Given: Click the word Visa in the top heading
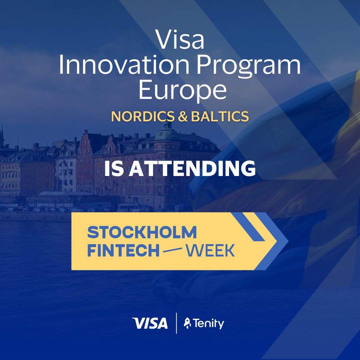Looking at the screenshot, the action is click(180, 39).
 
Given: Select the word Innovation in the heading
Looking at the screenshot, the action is click(124, 65).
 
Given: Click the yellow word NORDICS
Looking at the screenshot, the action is click(143, 116).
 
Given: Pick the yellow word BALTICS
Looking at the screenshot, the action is click(220, 116).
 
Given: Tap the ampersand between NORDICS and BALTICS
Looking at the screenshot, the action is click(183, 116).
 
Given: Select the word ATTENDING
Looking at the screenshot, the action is click(192, 169).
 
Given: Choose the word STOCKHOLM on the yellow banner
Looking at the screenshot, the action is click(142, 232).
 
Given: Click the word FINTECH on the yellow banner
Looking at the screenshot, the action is click(123, 250).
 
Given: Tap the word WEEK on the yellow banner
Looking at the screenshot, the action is click(210, 250).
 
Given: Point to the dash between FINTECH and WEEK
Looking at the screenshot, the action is click(172, 250).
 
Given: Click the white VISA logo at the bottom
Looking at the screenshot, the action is click(150, 323).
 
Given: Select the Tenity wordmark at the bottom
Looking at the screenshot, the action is click(208, 324).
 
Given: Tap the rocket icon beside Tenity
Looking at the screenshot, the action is click(187, 323).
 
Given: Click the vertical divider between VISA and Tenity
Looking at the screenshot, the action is click(176, 323).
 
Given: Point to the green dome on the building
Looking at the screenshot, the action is click(167, 134).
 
